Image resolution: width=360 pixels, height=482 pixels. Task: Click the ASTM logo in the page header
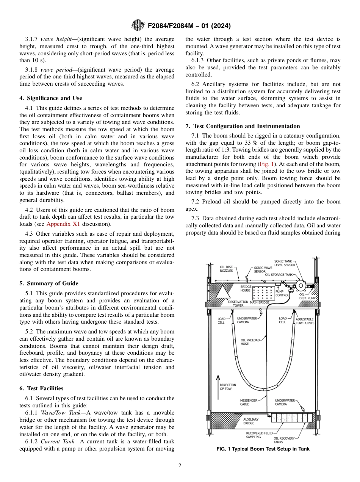[x=138, y=26]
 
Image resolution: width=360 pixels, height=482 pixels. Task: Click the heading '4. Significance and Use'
[x=50, y=98]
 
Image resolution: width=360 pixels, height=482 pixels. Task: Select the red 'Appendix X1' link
[x=63, y=224]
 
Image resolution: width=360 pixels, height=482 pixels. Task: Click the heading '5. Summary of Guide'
[x=49, y=283]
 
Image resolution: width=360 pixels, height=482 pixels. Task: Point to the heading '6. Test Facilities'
[x=41, y=388]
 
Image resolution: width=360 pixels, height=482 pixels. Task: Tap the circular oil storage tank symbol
[x=301, y=285]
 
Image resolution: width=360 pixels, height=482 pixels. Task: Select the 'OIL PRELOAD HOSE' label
[x=250, y=342]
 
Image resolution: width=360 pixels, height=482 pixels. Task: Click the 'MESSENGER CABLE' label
[x=249, y=402]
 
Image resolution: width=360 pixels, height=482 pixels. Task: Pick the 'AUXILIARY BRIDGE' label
[x=251, y=421]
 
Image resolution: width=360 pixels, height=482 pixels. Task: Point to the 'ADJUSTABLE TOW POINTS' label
[x=305, y=321]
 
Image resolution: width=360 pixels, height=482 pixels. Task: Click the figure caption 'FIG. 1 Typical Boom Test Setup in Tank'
[x=263, y=449]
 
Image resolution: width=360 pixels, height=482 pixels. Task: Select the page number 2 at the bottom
[x=180, y=466]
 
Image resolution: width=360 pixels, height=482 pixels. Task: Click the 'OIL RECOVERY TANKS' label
[x=284, y=440]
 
